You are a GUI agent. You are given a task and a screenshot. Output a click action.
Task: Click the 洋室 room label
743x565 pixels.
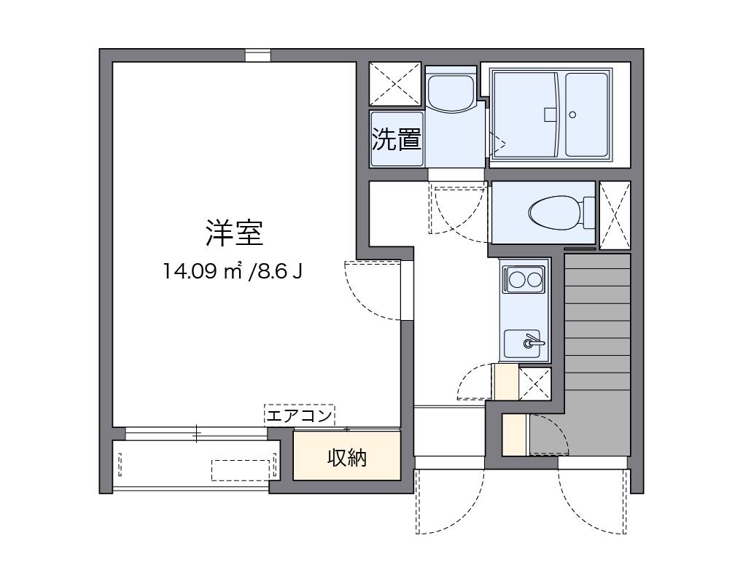pyautogui.click(x=233, y=233)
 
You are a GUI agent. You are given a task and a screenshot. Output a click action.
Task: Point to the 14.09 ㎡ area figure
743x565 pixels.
pyautogui.click(x=203, y=272)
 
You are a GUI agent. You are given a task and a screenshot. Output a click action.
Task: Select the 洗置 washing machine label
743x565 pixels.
pyautogui.click(x=397, y=139)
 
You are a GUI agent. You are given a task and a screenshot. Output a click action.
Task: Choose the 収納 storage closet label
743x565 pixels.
pyautogui.click(x=346, y=458)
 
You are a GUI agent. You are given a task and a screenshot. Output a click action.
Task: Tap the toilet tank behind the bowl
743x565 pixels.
pyautogui.click(x=588, y=212)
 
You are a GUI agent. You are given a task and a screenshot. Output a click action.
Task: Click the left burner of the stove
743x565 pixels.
pyautogui.click(x=517, y=278)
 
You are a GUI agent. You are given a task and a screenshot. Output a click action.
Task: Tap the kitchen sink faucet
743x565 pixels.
pyautogui.click(x=532, y=340)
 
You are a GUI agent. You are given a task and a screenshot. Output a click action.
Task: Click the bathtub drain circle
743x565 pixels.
pyautogui.click(x=572, y=114)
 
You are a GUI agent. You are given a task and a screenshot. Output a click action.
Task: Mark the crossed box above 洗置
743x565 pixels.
pyautogui.click(x=395, y=84)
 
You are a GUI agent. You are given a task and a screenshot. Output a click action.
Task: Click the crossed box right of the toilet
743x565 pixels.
pyautogui.click(x=615, y=215)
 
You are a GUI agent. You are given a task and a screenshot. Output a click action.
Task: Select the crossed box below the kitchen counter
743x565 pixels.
pyautogui.click(x=534, y=383)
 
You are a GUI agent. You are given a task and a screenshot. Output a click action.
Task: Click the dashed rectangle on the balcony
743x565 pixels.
pyautogui.click(x=241, y=469)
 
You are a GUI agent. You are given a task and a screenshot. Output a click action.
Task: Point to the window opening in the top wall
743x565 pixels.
pyautogui.click(x=257, y=55)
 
